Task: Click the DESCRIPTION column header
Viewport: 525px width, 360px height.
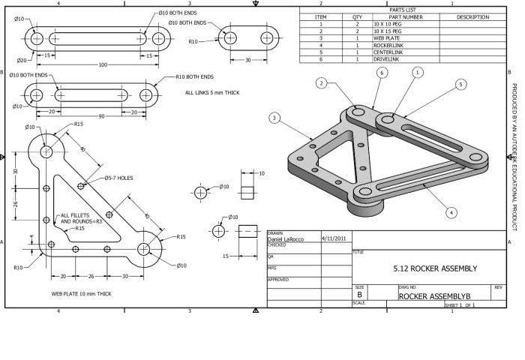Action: click(472, 16)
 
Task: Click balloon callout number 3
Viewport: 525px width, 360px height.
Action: click(275, 118)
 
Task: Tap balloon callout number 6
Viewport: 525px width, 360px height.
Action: click(382, 73)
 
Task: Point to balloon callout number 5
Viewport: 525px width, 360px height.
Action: click(460, 85)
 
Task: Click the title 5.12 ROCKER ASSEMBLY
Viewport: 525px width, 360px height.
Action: click(434, 268)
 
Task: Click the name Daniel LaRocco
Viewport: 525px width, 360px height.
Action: click(286, 239)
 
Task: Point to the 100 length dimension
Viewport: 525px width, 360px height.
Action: click(102, 65)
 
